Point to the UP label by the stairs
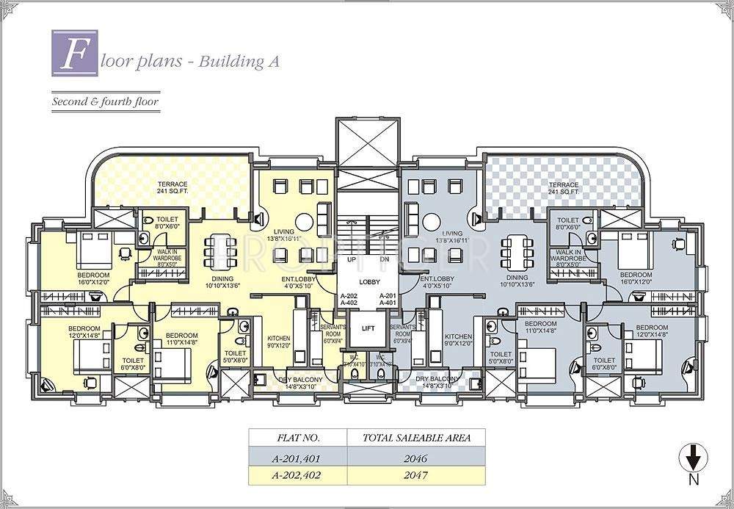[352, 260]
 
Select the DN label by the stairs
[384, 260]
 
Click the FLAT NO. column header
[297, 438]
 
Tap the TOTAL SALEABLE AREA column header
[416, 438]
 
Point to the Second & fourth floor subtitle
[105, 101]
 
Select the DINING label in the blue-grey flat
[517, 278]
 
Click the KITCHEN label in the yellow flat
[278, 339]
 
